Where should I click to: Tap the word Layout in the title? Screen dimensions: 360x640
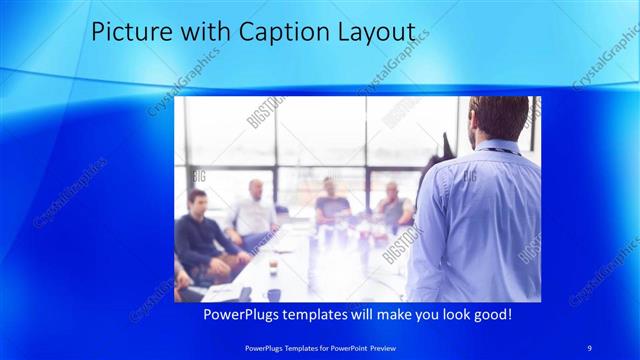[x=376, y=32]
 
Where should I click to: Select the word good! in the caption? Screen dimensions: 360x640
[x=489, y=314]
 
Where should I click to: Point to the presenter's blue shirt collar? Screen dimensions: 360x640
[x=497, y=146]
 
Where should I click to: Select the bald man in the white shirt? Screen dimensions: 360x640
[x=254, y=210]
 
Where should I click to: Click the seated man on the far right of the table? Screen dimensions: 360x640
[x=392, y=205]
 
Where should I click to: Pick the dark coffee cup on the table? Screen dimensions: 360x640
[x=273, y=294]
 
